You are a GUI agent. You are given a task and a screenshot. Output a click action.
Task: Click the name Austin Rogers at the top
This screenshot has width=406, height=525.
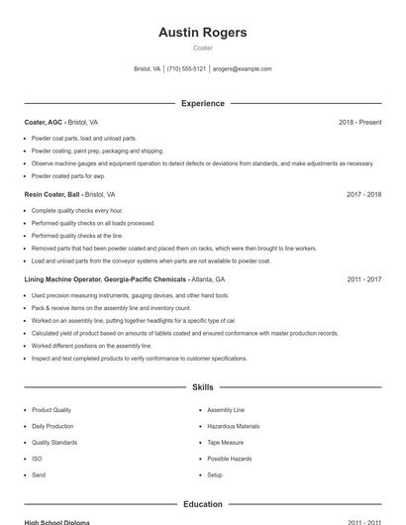click(202, 33)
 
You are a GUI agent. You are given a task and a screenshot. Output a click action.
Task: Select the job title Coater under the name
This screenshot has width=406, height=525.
click(202, 49)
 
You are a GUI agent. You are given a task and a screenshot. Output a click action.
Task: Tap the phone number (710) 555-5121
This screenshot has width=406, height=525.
click(186, 69)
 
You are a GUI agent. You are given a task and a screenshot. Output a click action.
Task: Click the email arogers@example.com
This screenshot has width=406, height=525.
click(242, 69)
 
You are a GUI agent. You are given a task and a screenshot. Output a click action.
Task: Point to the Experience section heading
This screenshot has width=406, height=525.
click(202, 103)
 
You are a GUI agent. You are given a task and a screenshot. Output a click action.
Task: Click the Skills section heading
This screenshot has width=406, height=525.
click(202, 387)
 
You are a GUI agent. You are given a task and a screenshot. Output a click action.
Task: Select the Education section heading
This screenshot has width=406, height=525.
click(202, 504)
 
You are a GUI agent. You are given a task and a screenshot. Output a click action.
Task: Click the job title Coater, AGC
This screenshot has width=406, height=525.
click(43, 122)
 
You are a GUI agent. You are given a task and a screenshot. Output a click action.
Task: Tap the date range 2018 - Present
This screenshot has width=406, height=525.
click(359, 122)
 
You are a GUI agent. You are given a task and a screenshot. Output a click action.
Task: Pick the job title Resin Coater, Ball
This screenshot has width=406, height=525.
click(51, 195)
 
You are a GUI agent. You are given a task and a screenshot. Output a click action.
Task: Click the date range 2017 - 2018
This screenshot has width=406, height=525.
click(363, 195)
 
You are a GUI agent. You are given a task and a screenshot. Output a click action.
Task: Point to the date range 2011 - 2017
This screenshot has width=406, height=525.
click(363, 280)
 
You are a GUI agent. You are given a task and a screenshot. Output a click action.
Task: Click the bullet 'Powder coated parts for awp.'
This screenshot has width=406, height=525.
click(67, 175)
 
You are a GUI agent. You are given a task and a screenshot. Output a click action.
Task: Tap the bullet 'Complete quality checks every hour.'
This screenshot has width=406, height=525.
click(77, 211)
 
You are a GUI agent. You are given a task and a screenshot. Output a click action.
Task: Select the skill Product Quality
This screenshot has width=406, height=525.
click(51, 410)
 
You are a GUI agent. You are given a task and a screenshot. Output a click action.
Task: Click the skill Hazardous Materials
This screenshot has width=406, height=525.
click(233, 426)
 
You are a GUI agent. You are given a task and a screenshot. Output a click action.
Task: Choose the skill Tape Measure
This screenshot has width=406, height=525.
click(226, 443)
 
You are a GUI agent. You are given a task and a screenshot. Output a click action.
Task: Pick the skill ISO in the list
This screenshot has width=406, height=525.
click(37, 459)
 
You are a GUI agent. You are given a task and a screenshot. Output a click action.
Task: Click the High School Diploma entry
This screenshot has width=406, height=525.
click(56, 522)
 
